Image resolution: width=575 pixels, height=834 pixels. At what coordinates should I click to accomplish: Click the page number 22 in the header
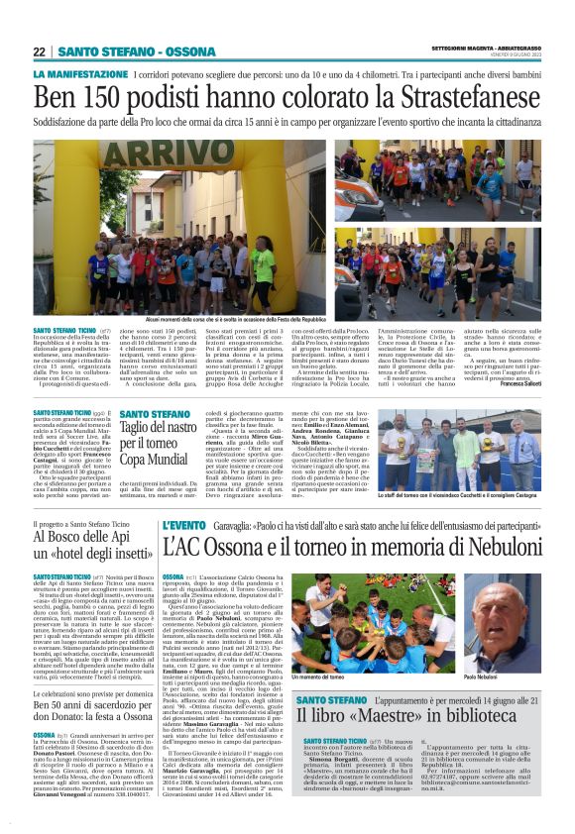(x=40, y=52)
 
